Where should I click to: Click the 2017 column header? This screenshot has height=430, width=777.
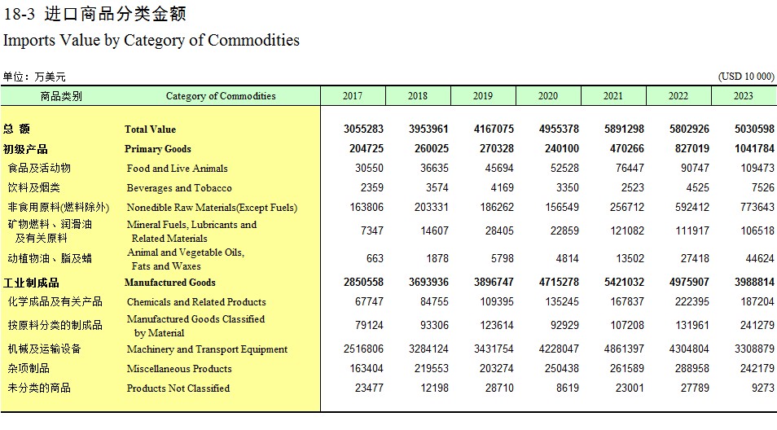(x=353, y=95)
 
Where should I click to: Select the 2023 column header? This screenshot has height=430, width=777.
(x=744, y=95)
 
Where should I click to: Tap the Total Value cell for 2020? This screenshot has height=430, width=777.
(x=559, y=129)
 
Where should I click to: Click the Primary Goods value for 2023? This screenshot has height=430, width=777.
(x=754, y=148)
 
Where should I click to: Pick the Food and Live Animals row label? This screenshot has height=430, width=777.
(x=177, y=169)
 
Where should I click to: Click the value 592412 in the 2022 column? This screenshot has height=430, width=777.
(x=691, y=207)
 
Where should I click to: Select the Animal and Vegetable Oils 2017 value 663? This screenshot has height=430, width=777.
(x=375, y=259)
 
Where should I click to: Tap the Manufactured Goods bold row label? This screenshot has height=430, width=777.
(x=170, y=283)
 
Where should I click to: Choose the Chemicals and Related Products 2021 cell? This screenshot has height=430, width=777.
(x=627, y=301)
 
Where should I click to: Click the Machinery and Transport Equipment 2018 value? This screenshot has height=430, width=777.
(x=428, y=349)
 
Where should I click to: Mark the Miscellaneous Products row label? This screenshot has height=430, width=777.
(x=179, y=369)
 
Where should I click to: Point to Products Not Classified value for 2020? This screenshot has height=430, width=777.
(x=568, y=388)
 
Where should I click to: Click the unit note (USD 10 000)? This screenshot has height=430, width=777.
(x=746, y=77)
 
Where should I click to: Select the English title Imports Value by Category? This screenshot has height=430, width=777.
(x=151, y=40)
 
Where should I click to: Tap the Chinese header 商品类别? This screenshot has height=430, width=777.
(x=61, y=96)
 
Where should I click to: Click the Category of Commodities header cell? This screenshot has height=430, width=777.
(x=221, y=96)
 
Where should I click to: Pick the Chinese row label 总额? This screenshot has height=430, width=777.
(x=16, y=129)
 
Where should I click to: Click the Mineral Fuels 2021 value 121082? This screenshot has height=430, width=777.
(x=627, y=230)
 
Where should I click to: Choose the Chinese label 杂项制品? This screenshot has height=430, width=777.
(x=29, y=369)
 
